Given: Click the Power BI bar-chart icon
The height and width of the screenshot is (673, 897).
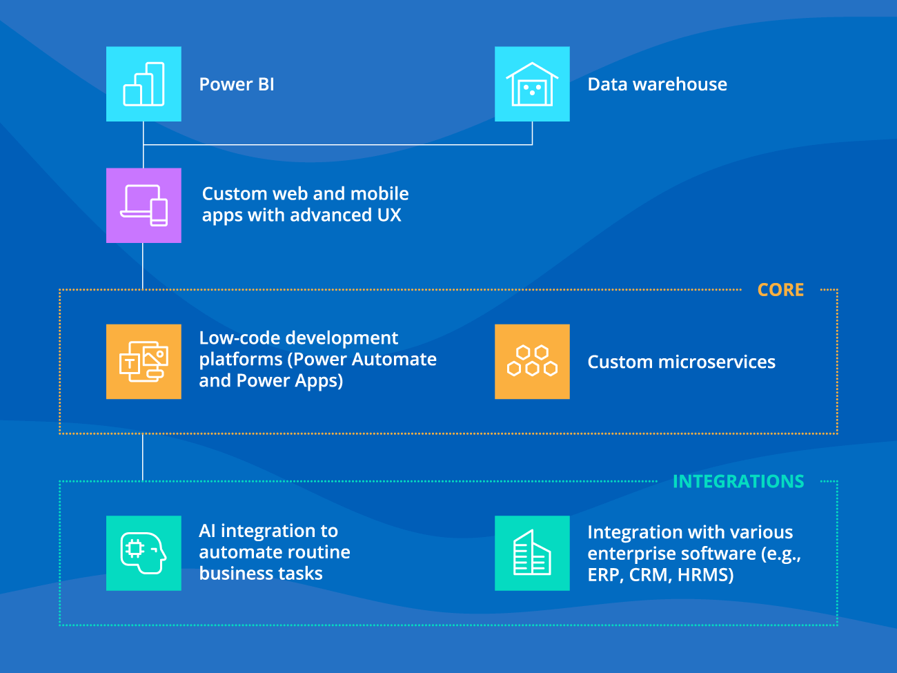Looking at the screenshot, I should [144, 84].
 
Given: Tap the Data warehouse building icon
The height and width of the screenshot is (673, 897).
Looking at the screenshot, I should [532, 84].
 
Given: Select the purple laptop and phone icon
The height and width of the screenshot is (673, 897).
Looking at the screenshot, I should [144, 205].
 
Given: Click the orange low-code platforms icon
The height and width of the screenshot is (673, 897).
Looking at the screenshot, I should [144, 362].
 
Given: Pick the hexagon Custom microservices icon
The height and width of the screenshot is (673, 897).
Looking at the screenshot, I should [532, 362].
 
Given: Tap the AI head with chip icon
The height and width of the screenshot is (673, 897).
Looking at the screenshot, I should [144, 553].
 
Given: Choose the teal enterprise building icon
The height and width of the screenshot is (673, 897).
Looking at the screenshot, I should [532, 553].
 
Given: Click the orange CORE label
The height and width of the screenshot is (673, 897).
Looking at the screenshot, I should [780, 290].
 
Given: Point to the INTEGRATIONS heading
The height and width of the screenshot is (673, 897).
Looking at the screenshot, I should [738, 481].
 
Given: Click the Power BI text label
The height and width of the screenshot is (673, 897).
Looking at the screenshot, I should [237, 84].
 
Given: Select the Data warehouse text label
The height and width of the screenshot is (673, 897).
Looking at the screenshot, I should [657, 84].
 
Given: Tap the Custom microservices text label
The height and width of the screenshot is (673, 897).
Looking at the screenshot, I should [681, 362].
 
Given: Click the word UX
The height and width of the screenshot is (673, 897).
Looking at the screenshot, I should [389, 215].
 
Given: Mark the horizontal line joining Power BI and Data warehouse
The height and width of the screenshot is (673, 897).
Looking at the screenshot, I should [338, 145].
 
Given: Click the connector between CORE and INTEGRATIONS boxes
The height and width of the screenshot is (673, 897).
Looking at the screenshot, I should [143, 457].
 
